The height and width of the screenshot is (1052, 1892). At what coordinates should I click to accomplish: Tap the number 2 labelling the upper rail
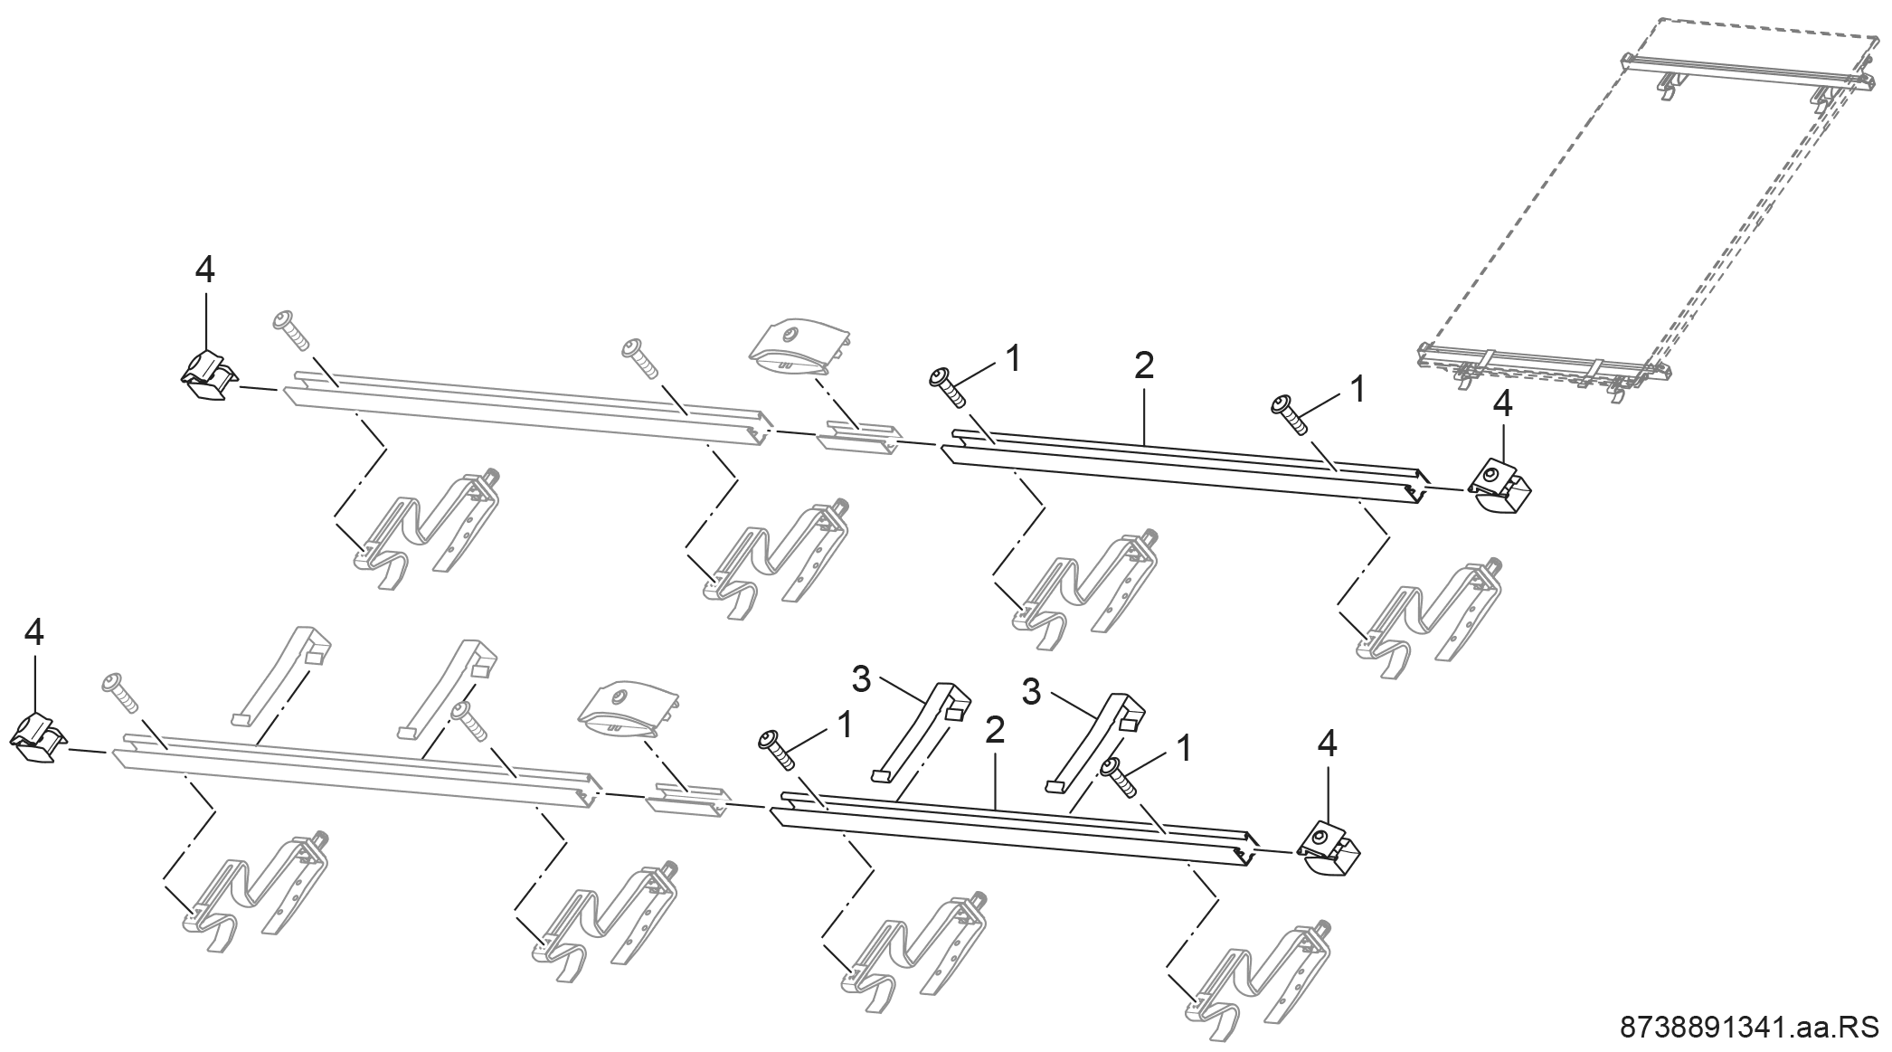click(1144, 367)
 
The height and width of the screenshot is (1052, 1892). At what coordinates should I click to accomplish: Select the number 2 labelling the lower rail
click(995, 731)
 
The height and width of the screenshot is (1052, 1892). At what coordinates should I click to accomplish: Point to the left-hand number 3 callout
click(861, 679)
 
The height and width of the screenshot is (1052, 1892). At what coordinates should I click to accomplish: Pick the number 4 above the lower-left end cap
click(33, 633)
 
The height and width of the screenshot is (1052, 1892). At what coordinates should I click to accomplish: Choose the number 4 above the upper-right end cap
click(1502, 404)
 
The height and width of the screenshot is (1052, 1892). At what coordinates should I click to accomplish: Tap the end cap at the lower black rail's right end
click(1329, 847)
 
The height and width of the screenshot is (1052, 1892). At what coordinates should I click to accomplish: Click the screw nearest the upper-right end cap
click(1291, 415)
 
